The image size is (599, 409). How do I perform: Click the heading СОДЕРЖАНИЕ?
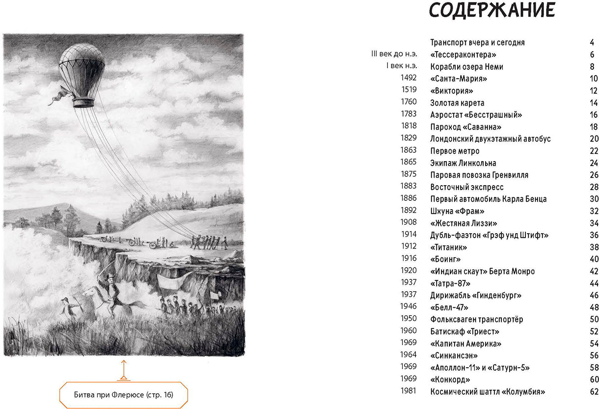click(x=492, y=11)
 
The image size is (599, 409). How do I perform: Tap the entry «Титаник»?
click(x=448, y=247)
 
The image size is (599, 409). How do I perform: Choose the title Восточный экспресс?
click(x=466, y=187)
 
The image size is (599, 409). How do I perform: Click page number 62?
click(x=594, y=391)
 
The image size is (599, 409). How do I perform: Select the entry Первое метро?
click(x=455, y=151)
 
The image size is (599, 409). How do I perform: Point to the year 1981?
click(x=408, y=391)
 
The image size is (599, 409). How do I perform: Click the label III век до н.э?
click(x=394, y=54)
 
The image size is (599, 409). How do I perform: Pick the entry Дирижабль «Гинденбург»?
click(x=475, y=295)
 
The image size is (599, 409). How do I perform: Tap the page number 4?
click(x=592, y=42)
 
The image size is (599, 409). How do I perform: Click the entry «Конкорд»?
click(x=450, y=380)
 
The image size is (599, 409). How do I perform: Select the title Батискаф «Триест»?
click(x=464, y=331)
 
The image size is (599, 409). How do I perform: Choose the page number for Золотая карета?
click(x=594, y=103)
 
